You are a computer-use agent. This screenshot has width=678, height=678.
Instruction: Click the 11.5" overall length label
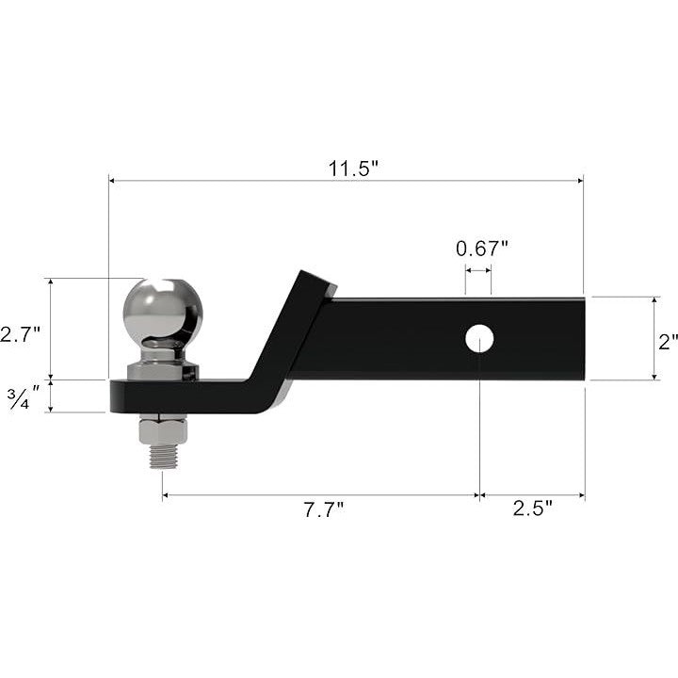coord(353,169)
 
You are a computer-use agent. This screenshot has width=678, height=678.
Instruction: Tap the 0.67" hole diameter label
coord(482,249)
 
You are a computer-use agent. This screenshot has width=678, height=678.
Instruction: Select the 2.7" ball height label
coord(20,334)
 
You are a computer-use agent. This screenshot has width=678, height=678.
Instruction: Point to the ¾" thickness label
coord(23,397)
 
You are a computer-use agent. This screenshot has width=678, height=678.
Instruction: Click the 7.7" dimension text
coord(323,509)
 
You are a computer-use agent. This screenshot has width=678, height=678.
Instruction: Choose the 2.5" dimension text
coord(533,508)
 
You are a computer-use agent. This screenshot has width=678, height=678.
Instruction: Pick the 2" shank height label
coord(668,342)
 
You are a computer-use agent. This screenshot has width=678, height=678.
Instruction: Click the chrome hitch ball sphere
coord(163,308)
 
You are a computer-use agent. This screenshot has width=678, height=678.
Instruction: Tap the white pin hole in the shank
coord(479,338)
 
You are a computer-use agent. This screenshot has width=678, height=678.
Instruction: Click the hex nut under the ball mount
coord(163,431)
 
